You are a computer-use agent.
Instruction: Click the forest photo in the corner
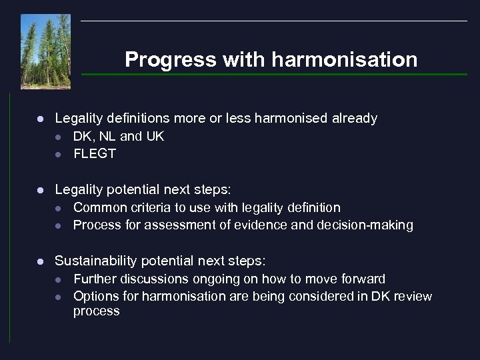point(45,51)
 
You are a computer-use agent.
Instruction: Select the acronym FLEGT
point(95,153)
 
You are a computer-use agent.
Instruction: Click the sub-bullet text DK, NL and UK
point(118,136)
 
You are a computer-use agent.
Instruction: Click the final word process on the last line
point(96,311)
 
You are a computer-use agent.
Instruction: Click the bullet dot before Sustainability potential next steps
point(41,261)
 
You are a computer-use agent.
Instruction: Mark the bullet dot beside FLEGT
point(58,154)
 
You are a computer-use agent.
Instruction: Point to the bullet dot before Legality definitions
point(41,119)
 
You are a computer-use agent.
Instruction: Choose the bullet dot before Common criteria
point(58,208)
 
